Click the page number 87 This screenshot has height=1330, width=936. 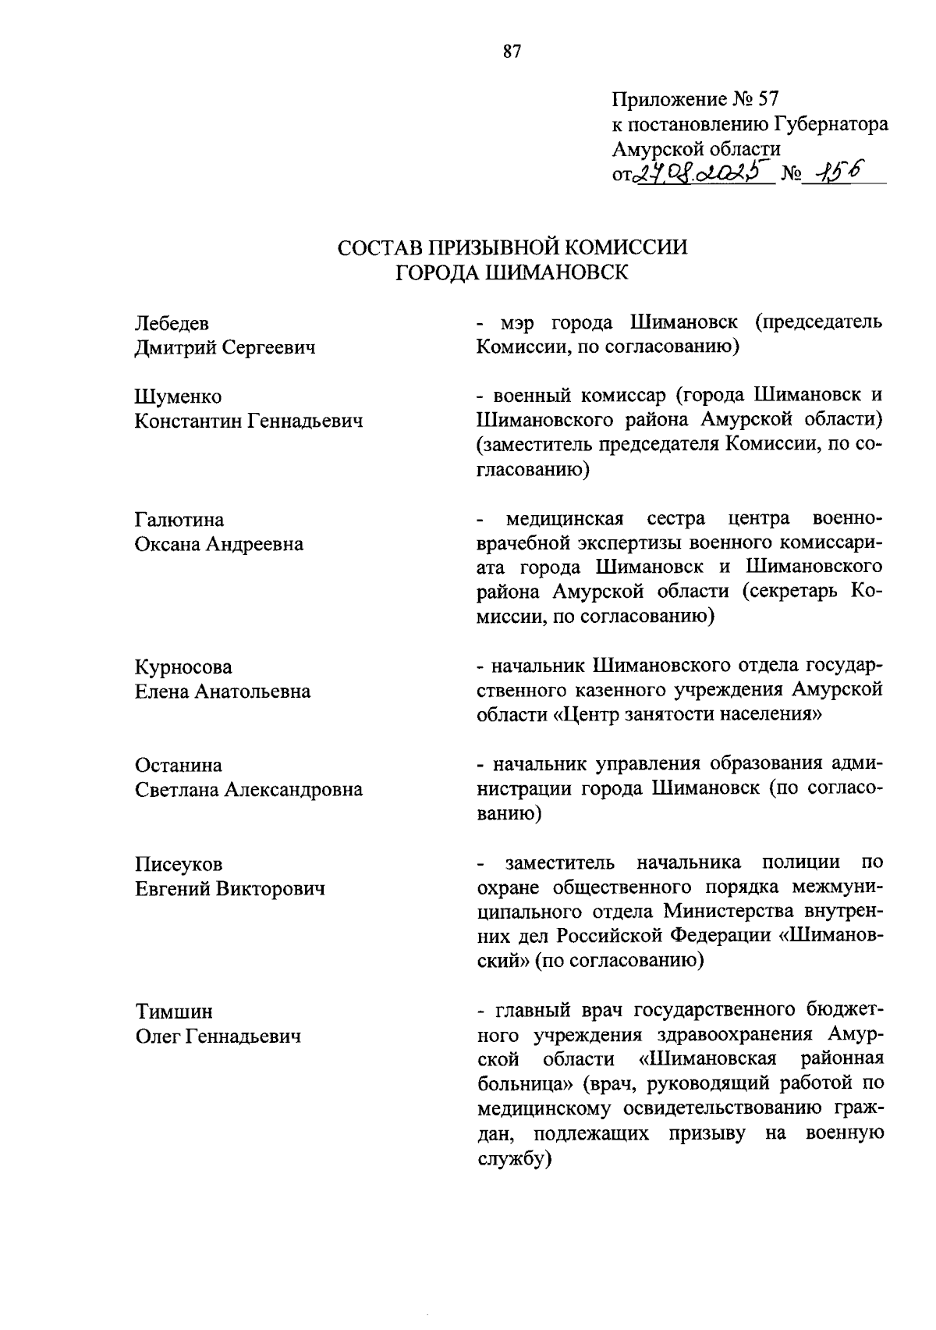[x=511, y=53]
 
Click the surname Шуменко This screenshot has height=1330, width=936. [x=179, y=397]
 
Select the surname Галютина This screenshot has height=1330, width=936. [x=179, y=520]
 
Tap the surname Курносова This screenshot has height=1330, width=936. [x=183, y=667]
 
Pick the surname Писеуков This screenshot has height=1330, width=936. [x=179, y=865]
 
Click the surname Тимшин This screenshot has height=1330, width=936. [x=173, y=1012]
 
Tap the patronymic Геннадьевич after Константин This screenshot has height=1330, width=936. [x=306, y=422]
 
